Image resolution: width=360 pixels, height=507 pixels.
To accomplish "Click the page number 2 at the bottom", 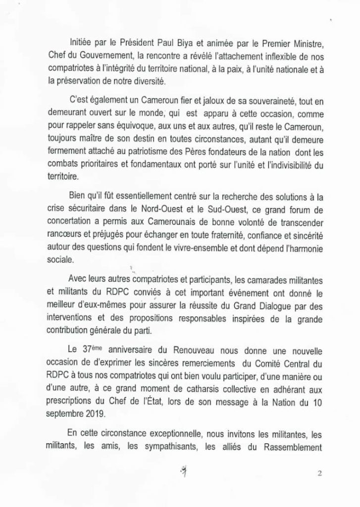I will [320, 473].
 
